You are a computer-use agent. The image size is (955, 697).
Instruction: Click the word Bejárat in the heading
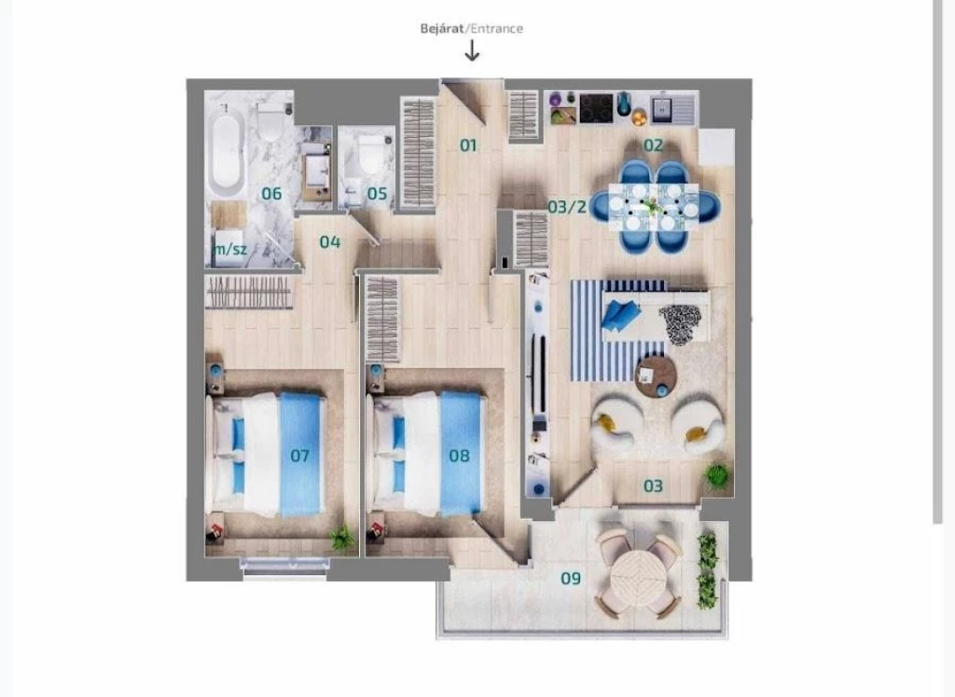click(442, 28)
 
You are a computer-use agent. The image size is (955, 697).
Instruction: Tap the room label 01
click(468, 145)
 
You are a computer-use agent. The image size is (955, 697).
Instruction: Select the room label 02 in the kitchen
click(653, 144)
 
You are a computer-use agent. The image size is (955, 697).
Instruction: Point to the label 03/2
click(567, 207)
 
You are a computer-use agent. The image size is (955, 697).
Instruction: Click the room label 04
click(330, 242)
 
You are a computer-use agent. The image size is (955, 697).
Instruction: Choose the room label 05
click(377, 194)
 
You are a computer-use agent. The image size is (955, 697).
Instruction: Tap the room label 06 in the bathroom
click(271, 194)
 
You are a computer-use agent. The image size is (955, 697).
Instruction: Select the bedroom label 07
click(299, 456)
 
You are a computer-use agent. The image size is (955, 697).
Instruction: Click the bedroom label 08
click(459, 456)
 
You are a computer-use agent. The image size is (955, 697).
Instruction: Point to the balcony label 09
click(571, 579)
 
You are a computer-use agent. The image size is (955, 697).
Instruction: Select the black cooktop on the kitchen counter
click(596, 107)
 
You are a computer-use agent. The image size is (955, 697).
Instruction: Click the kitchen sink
click(666, 108)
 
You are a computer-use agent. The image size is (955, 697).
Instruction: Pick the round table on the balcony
click(640, 575)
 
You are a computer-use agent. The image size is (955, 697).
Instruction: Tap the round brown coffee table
click(656, 376)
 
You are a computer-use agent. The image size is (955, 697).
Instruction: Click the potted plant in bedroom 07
click(342, 538)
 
